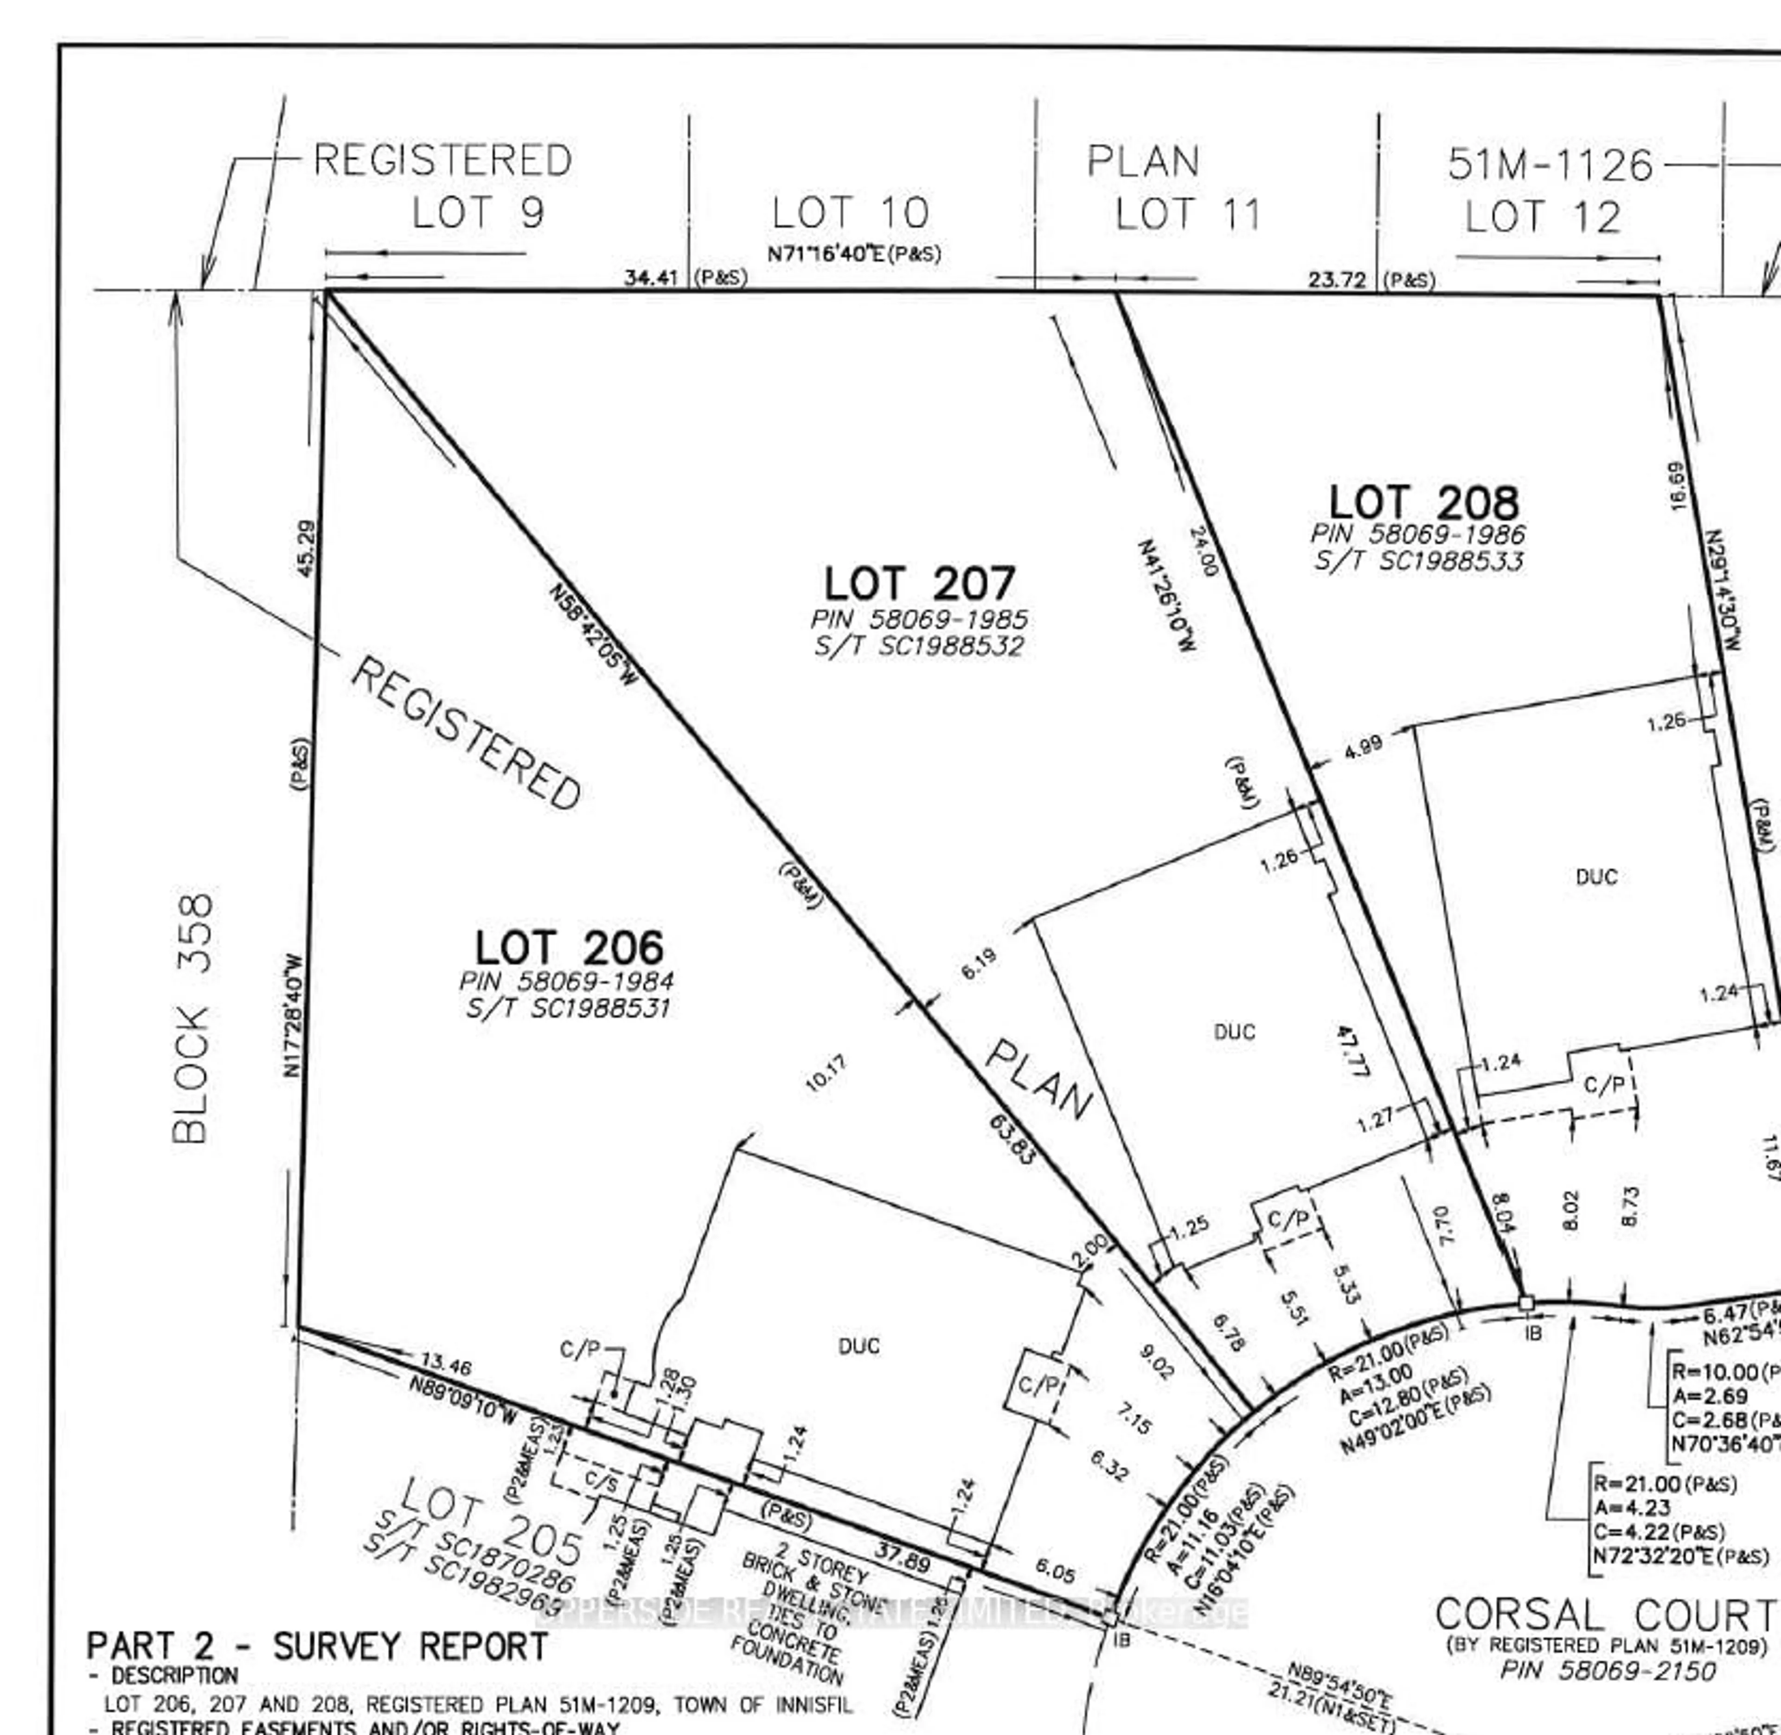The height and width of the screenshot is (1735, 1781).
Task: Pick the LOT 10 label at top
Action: point(850,213)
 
